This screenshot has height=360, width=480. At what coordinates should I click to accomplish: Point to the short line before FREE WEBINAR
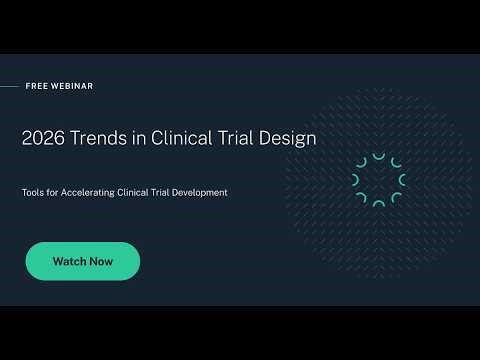coord(9,86)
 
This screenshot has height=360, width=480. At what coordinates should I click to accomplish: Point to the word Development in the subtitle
coord(201,192)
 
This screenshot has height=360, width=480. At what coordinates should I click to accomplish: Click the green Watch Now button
coord(83,261)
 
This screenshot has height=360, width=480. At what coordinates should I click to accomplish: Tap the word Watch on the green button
coord(67,261)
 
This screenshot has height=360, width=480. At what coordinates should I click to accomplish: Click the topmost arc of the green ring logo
coord(378,157)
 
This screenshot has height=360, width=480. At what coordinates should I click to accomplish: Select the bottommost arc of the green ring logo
coord(378,203)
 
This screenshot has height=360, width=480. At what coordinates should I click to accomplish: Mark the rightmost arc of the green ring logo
coord(402,180)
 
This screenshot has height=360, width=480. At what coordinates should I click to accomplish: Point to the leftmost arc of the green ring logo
coord(356,180)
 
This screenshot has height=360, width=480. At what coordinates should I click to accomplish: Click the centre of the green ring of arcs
coord(379,180)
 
